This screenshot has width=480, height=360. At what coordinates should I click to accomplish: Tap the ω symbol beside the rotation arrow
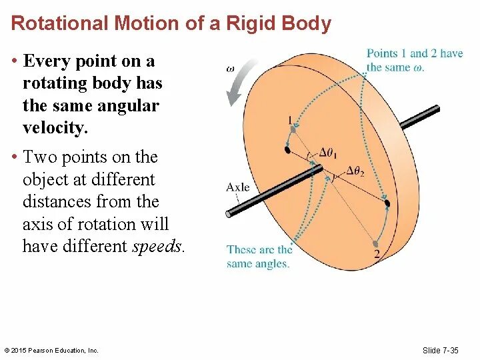230,67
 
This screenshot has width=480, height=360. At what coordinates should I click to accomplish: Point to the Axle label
238,187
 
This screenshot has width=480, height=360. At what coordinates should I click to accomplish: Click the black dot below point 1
287,150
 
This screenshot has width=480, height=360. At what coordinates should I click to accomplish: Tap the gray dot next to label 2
377,243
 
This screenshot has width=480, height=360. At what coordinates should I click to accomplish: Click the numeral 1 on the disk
289,121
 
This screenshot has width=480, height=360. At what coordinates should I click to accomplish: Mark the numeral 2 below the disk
377,255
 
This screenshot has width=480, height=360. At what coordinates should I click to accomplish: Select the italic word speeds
158,246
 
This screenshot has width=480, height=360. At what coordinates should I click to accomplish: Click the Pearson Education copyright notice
51,351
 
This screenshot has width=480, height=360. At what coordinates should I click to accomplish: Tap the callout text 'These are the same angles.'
259,257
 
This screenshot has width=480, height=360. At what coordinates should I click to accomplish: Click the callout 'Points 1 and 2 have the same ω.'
414,60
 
